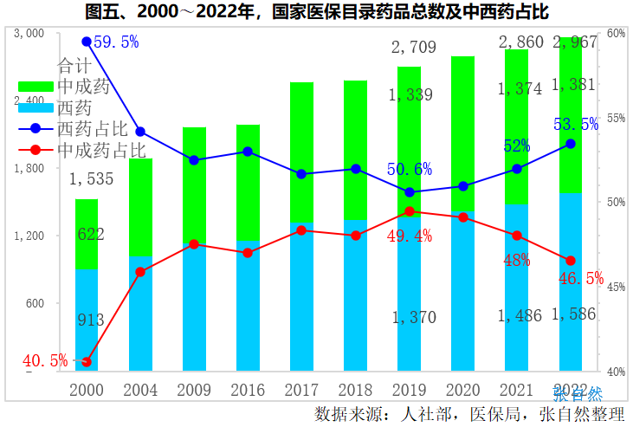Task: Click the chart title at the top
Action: pyautogui.click(x=316, y=11)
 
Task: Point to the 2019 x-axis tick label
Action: pyautogui.click(x=409, y=391)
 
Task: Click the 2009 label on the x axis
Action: pyautogui.click(x=194, y=391)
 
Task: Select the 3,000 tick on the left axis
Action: pyautogui.click(x=30, y=33)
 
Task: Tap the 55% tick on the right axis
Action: pyautogui.click(x=617, y=118)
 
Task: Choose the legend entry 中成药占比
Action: pyautogui.click(x=100, y=149)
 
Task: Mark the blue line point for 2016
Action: pyautogui.click(x=248, y=152)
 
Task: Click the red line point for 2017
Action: pyautogui.click(x=301, y=230)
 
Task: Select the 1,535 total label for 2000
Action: pyautogui.click(x=93, y=179)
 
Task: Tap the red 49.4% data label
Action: pyautogui.click(x=410, y=236)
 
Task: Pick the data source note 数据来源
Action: pyautogui.click(x=472, y=412)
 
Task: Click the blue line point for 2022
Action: pyautogui.click(x=571, y=144)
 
